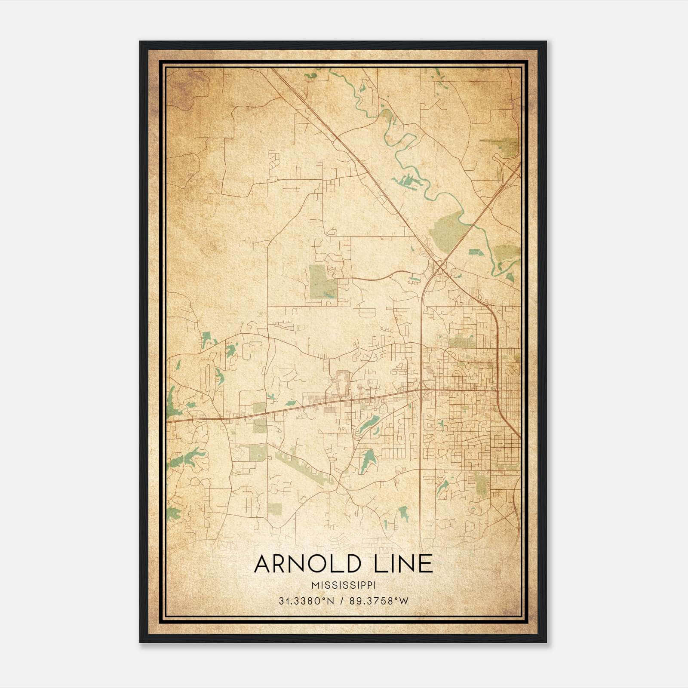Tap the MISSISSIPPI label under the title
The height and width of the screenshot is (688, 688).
tap(344, 586)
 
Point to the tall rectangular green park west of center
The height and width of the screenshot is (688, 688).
tap(322, 282)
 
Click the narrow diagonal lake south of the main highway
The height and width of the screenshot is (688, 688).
tap(369, 424)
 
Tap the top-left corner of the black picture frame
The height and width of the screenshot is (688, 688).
tap(141, 42)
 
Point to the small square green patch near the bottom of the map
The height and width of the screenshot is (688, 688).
tap(276, 509)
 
